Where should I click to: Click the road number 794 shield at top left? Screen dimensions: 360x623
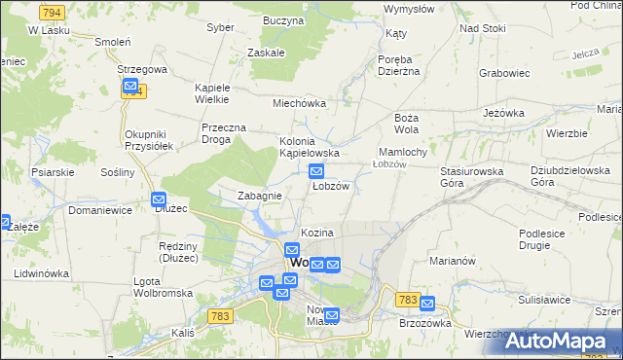pos(53,12)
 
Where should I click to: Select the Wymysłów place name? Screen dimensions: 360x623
pos(409,9)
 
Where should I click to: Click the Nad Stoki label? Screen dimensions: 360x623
pos(483,28)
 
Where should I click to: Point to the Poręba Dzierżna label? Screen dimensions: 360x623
pos(397,63)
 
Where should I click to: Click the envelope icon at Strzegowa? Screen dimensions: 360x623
pos(131,88)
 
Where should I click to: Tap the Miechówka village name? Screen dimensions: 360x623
pos(298,103)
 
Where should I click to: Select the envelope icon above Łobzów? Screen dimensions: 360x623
pos(316,171)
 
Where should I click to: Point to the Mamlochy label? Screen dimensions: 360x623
pos(402,152)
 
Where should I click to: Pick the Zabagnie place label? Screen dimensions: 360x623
pos(260,196)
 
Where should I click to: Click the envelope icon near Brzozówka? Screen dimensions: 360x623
pos(425,305)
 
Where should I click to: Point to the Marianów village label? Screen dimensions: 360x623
pos(451,260)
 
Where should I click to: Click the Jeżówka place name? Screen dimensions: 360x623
pos(503,113)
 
